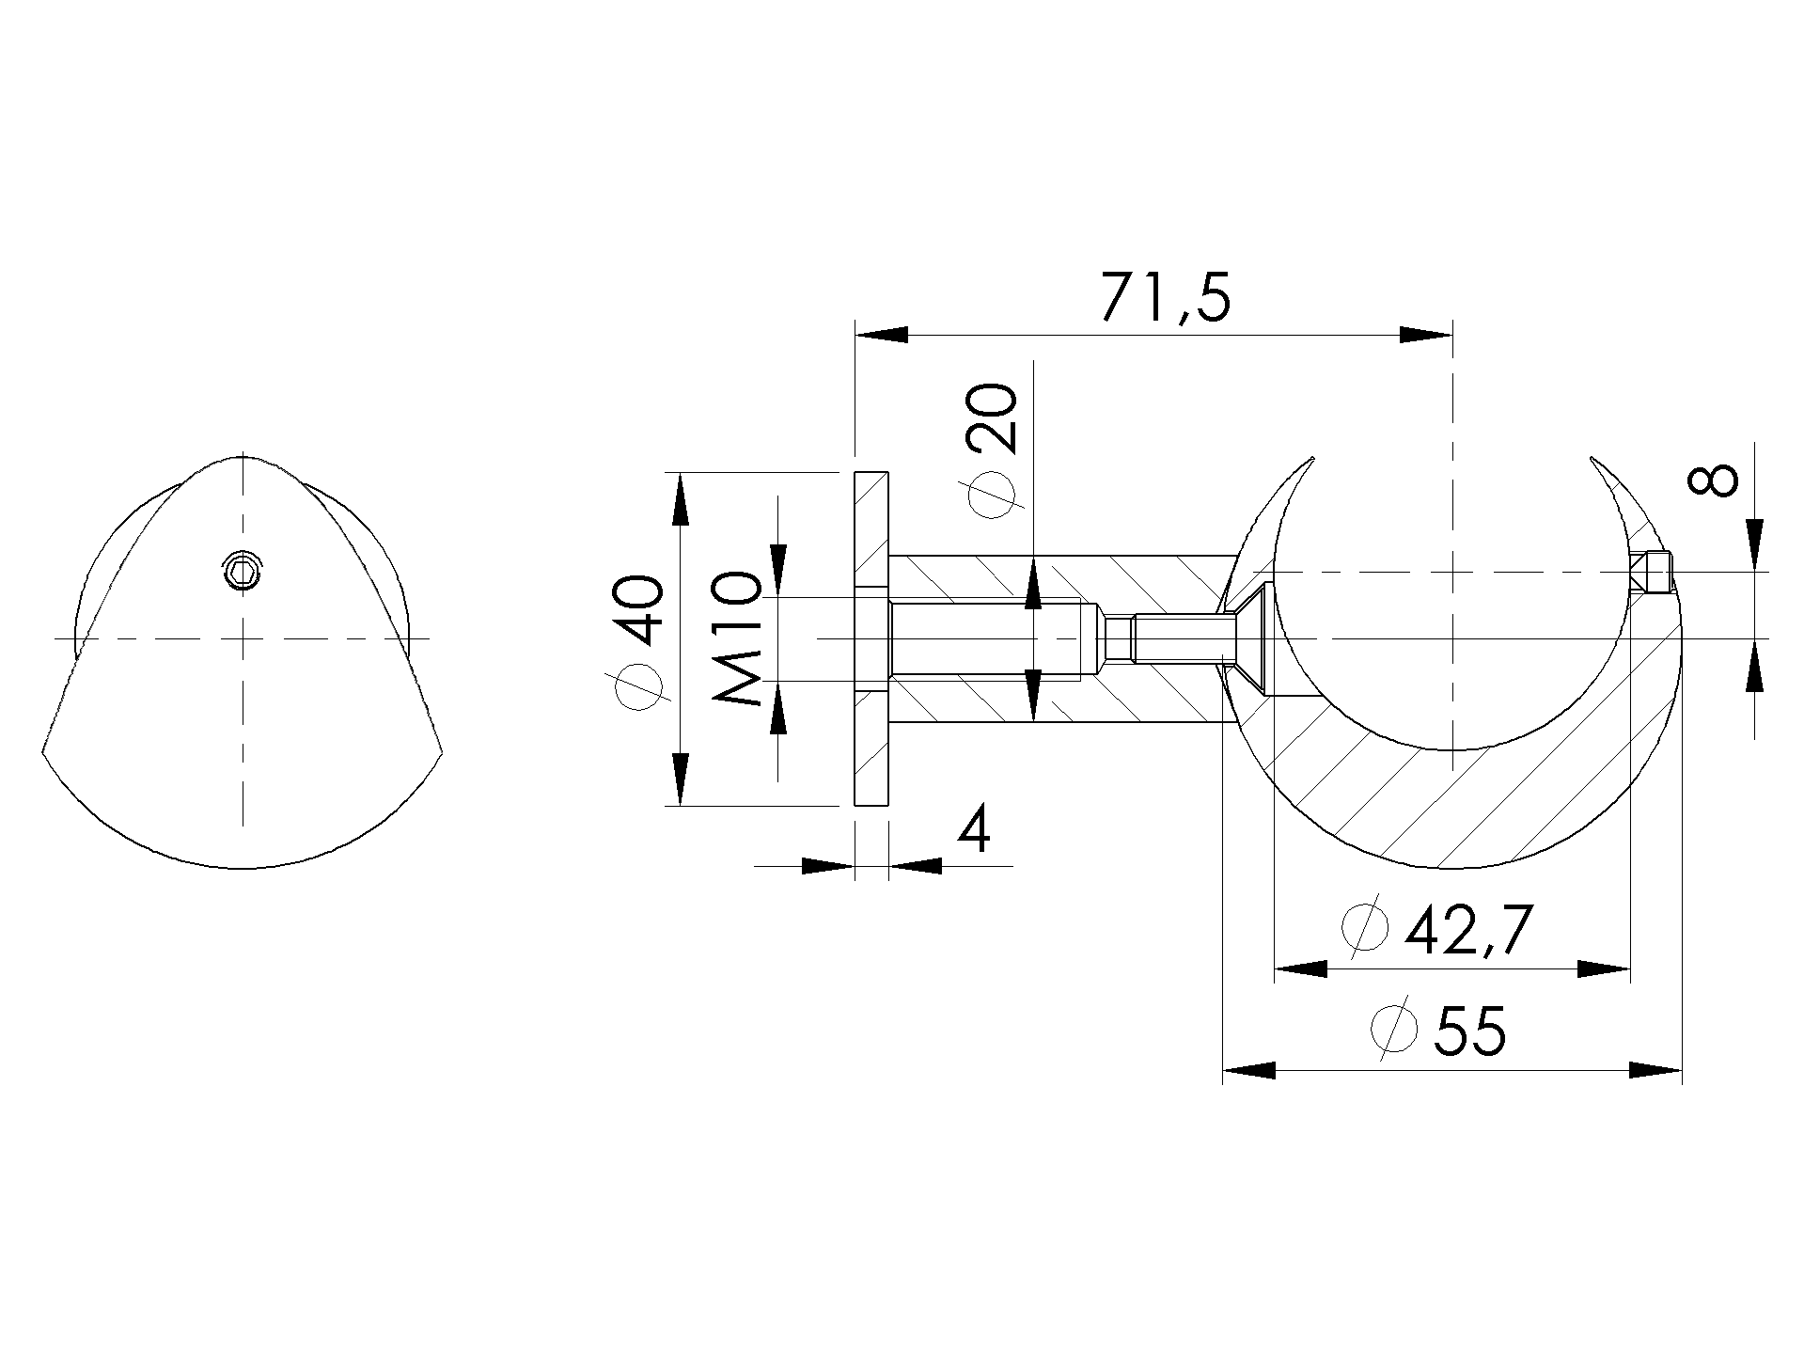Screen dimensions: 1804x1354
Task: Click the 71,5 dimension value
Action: pos(1165,299)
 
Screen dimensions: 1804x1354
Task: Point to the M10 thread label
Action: pos(736,638)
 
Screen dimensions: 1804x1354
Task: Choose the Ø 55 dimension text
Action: pos(1439,1029)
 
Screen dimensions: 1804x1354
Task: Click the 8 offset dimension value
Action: pos(1713,480)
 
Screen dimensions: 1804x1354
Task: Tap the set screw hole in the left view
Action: pos(243,571)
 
